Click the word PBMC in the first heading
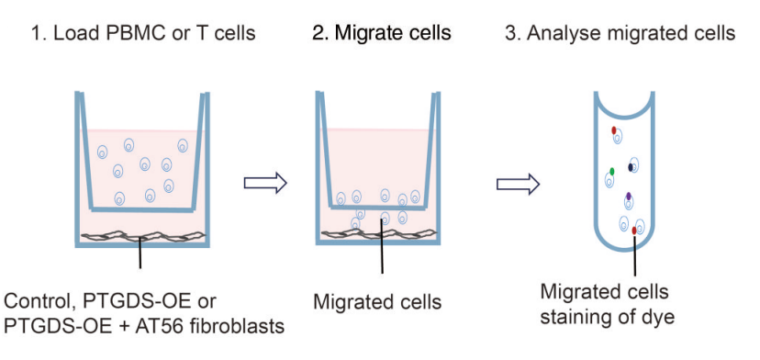[129, 33]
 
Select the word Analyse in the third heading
[563, 34]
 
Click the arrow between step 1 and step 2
[265, 183]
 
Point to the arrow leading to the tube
[518, 185]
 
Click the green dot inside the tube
[612, 171]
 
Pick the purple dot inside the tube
[629, 196]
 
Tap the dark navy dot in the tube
[631, 167]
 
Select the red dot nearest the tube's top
[614, 130]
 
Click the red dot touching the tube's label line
[634, 230]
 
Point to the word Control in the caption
[34, 302]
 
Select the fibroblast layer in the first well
[143, 236]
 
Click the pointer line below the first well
[140, 253]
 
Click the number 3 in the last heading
[509, 34]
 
